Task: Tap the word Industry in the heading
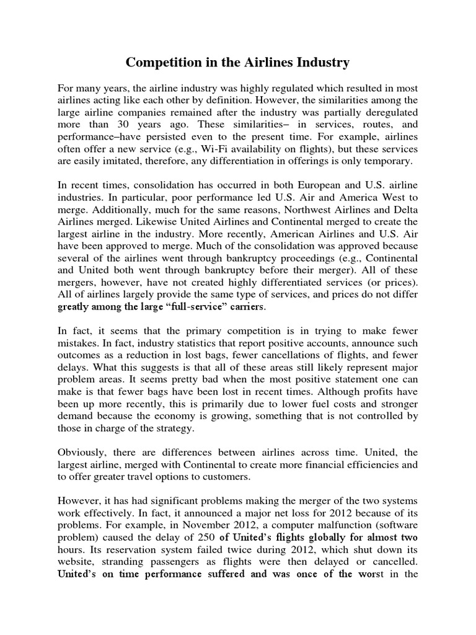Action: pos(322,63)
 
